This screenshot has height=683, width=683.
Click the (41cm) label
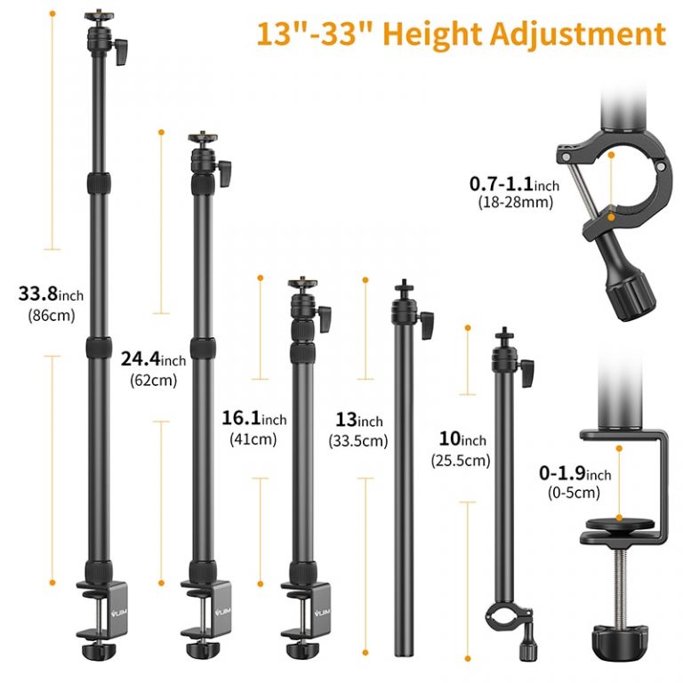(x=253, y=438)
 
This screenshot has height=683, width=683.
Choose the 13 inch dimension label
(x=358, y=420)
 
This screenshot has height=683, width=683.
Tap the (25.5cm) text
(x=461, y=460)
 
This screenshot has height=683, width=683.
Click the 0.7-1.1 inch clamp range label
(x=513, y=184)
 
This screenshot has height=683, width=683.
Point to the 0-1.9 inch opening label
(x=575, y=474)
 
